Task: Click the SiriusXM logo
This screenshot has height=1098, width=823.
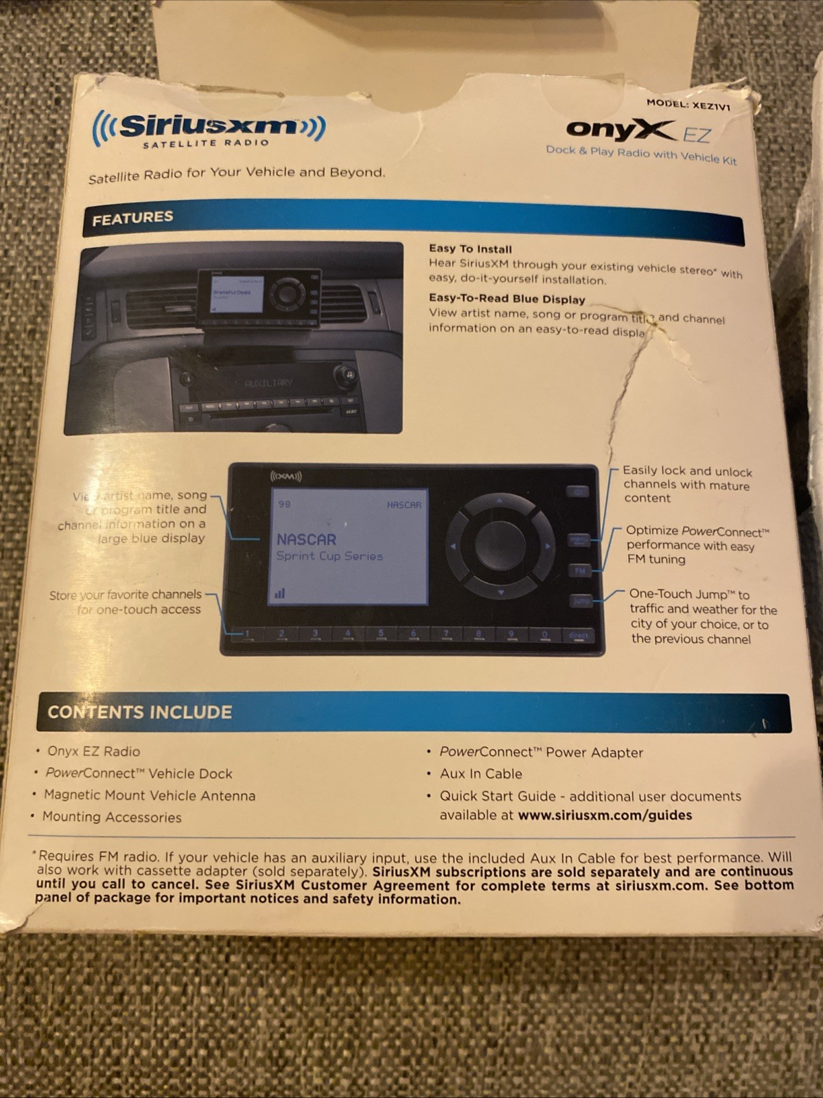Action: [x=209, y=128]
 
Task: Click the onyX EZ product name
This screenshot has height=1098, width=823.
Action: [x=638, y=130]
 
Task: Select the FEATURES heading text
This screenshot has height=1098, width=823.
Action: [x=132, y=218]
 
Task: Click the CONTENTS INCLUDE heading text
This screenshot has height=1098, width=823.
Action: [x=140, y=712]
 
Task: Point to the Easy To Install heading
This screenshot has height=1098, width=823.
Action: [x=470, y=249]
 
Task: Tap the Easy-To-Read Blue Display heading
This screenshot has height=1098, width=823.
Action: [x=507, y=299]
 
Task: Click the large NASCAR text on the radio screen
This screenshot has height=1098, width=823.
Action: [x=306, y=540]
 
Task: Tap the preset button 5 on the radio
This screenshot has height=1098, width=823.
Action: [x=380, y=634]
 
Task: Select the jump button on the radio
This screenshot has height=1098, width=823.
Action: [x=581, y=601]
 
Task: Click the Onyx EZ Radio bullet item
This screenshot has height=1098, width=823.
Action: [x=93, y=751]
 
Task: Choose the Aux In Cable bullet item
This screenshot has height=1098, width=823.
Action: [x=480, y=774]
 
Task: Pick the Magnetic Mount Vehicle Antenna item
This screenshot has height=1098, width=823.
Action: [x=149, y=795]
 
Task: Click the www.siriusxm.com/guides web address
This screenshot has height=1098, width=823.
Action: [x=605, y=815]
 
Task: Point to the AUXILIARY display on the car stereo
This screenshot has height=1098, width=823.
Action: [x=268, y=383]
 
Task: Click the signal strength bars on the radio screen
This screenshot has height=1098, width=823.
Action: [x=280, y=593]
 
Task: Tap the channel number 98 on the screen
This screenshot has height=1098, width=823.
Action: [x=284, y=504]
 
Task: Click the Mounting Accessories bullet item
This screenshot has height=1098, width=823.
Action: [x=112, y=817]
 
